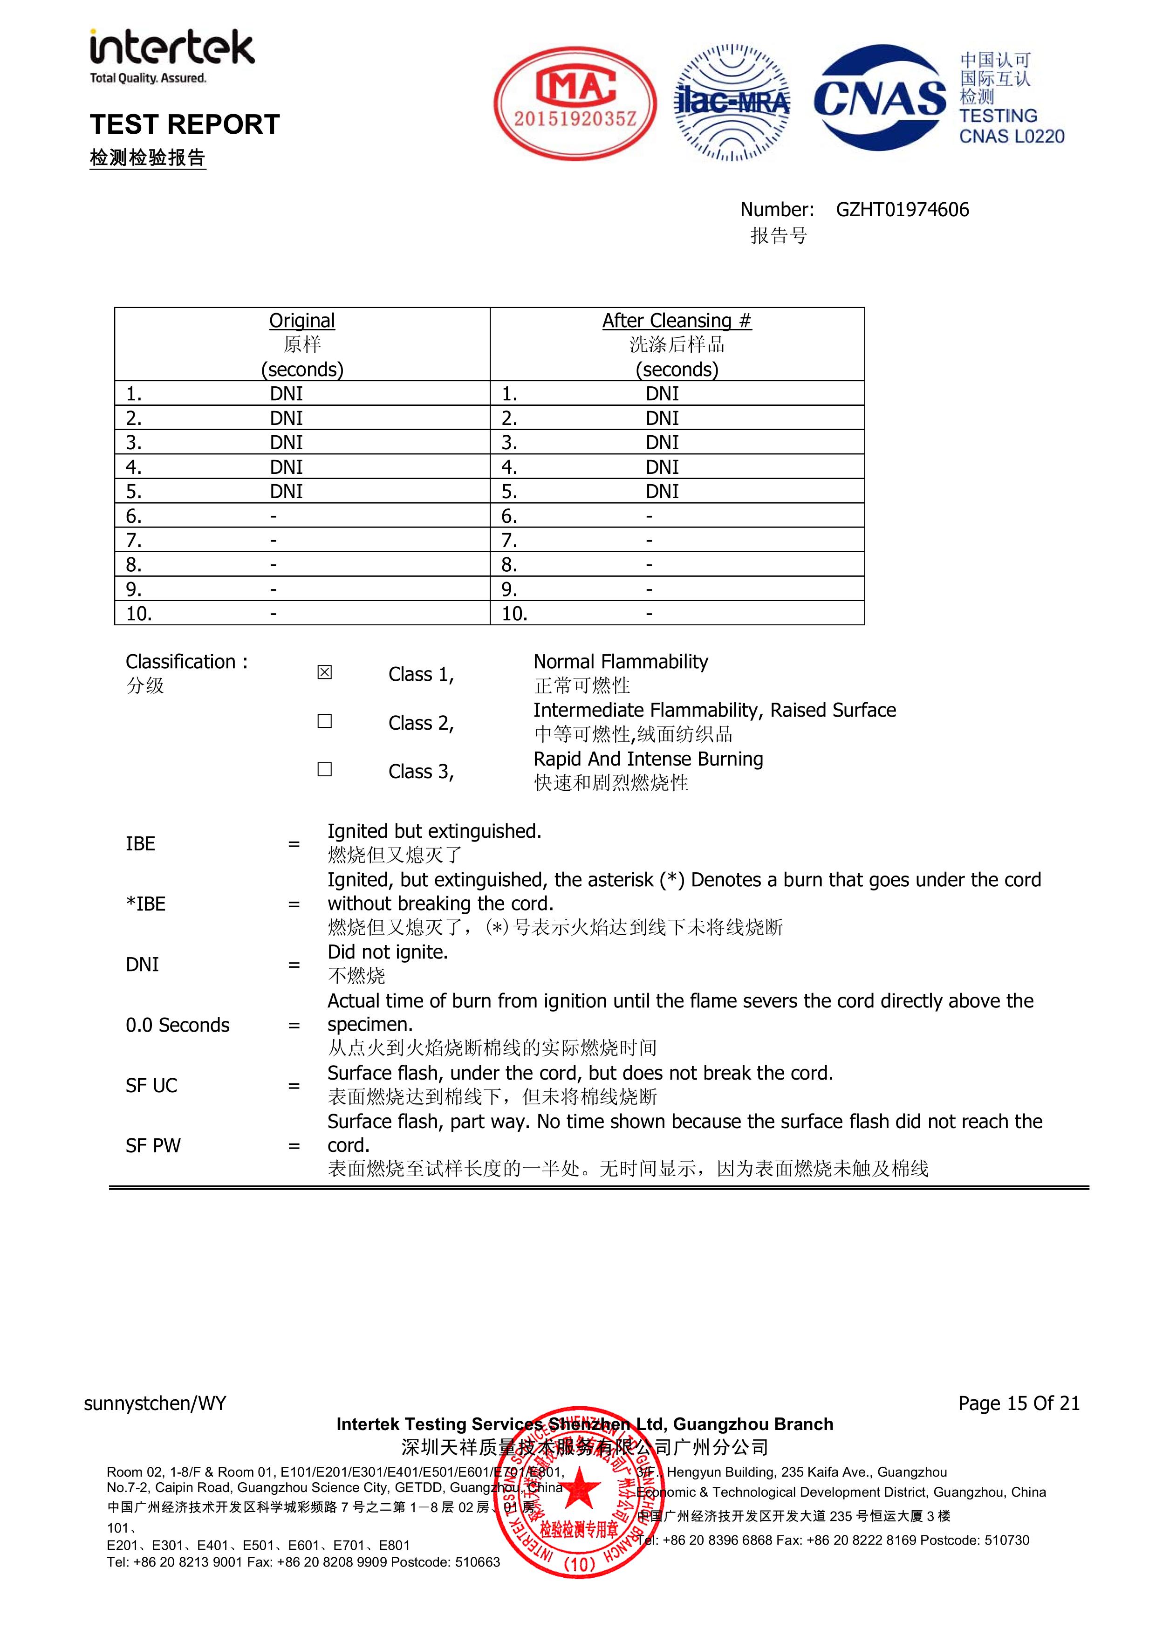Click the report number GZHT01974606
902,210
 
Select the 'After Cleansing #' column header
677,321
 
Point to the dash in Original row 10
273,614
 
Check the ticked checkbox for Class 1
324,672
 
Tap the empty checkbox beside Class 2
324,721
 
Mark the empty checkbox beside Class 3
324,770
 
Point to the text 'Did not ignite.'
387,952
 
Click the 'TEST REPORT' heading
185,124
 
